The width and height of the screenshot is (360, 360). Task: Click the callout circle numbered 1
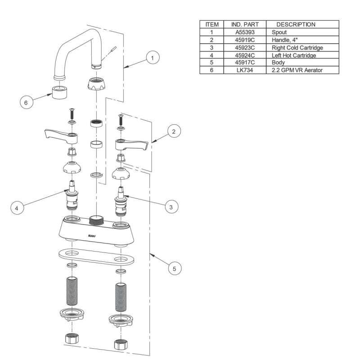click(153, 58)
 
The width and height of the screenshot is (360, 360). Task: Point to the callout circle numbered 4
click(17, 208)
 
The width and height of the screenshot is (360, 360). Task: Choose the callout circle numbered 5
click(175, 269)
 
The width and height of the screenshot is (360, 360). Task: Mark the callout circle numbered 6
click(26, 103)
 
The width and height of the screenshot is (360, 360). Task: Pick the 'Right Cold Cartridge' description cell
click(297, 48)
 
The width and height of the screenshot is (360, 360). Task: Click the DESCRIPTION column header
click(295, 24)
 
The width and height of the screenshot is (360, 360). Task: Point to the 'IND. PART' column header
click(244, 24)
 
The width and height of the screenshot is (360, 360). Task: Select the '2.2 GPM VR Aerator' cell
click(297, 71)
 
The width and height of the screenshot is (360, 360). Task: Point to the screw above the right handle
click(120, 120)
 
